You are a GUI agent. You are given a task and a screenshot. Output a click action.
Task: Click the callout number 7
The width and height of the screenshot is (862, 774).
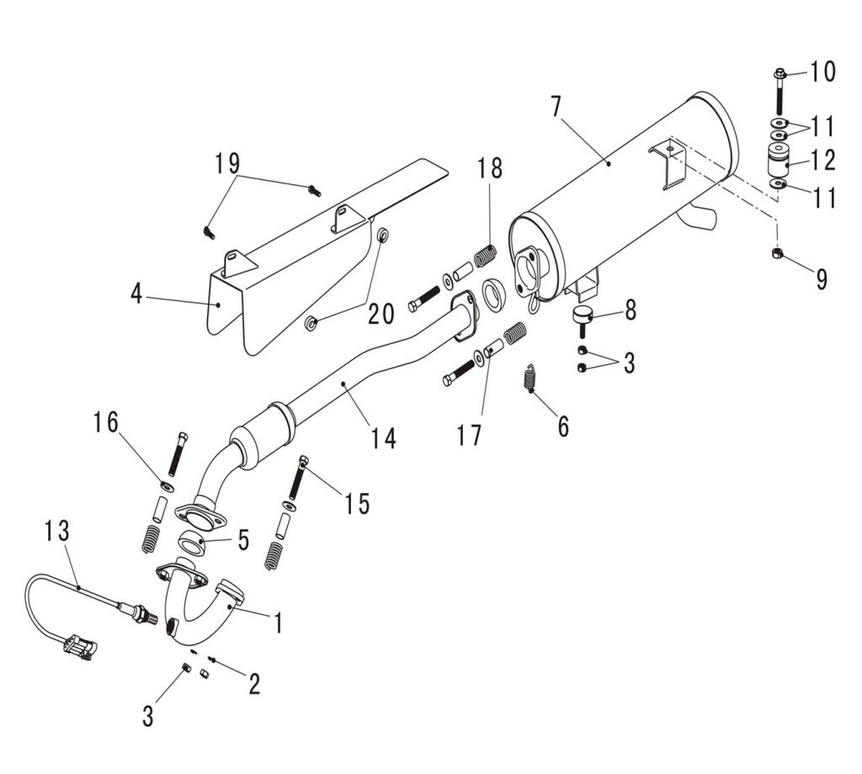(x=555, y=108)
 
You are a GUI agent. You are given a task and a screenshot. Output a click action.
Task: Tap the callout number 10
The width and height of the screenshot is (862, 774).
(x=823, y=72)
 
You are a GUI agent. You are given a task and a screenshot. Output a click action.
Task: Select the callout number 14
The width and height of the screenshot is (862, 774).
(x=384, y=438)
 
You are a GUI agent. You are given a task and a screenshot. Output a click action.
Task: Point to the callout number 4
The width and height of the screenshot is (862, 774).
(x=136, y=294)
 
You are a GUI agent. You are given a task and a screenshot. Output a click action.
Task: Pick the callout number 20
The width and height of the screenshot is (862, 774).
(x=380, y=314)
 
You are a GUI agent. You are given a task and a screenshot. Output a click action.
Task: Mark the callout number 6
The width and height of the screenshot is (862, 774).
(x=562, y=427)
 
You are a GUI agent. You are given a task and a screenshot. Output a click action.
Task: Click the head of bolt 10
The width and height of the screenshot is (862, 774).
(x=778, y=74)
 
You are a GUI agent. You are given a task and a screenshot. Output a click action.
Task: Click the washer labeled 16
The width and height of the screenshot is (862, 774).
(x=167, y=486)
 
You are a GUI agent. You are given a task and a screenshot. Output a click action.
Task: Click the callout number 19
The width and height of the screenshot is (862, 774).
(x=226, y=162)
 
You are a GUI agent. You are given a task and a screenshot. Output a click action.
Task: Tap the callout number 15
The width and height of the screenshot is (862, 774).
(x=357, y=503)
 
